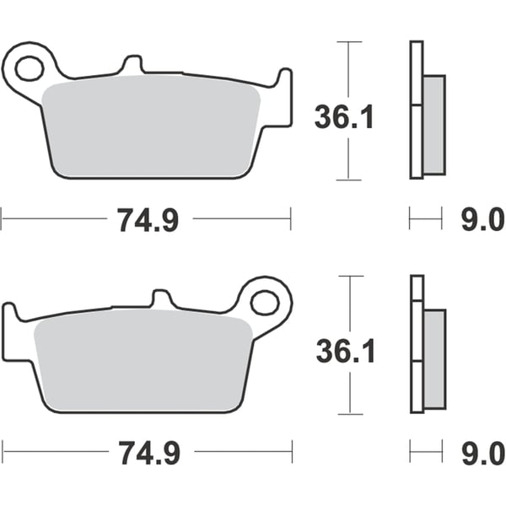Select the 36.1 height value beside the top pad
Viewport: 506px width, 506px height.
coord(344,116)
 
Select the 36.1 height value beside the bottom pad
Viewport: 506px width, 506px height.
coord(344,351)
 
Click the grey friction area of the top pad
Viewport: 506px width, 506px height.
coord(152,126)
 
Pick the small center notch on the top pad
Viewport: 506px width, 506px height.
coord(131,64)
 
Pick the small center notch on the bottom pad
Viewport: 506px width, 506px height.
coord(161,299)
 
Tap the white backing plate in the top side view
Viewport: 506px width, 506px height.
coord(415,110)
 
